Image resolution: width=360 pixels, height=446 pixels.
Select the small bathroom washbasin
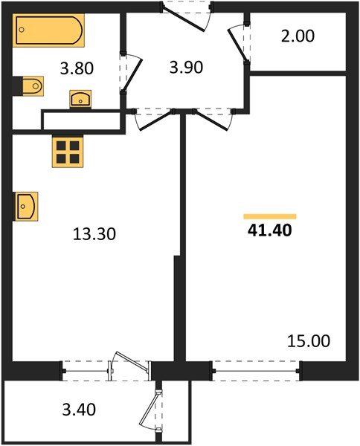pos(80,98)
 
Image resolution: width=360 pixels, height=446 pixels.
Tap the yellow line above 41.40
pos(271,216)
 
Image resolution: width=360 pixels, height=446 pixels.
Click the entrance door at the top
pos(186,13)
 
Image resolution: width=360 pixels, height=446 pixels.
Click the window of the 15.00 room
pos(257,367)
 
